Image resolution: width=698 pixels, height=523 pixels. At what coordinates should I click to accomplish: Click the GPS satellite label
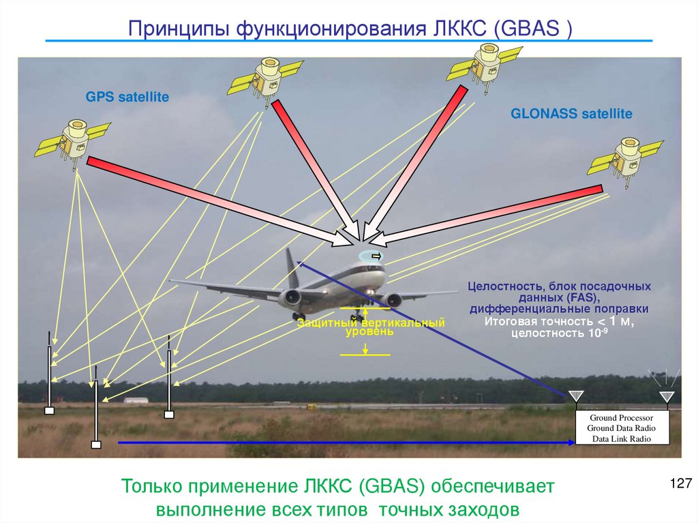tap(127, 98)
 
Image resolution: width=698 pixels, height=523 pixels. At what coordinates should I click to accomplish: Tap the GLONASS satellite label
tap(571, 114)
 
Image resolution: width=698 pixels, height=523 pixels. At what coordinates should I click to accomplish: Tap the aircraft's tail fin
tap(292, 268)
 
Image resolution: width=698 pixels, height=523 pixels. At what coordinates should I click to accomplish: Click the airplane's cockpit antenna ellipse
tap(372, 256)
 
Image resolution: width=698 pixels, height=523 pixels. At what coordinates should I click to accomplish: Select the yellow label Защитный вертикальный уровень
tap(370, 327)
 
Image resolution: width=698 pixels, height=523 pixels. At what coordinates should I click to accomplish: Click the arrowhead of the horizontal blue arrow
tap(571, 443)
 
